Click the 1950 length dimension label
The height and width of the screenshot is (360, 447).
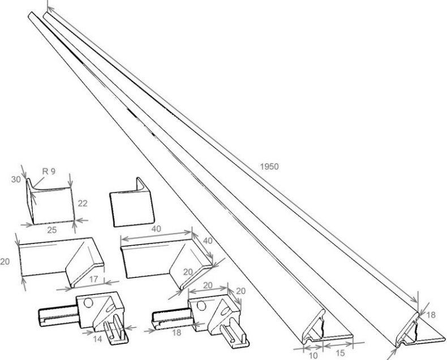pyautogui.click(x=269, y=166)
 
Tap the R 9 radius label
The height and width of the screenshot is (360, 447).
pyautogui.click(x=49, y=171)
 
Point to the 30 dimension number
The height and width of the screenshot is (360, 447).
pyautogui.click(x=16, y=179)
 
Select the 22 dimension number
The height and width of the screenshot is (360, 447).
pyautogui.click(x=83, y=203)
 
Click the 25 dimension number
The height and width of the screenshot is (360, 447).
pyautogui.click(x=52, y=230)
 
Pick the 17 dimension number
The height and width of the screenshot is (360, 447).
pyautogui.click(x=93, y=279)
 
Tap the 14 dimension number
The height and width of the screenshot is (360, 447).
pyautogui.click(x=97, y=339)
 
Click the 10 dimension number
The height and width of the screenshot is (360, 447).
pyautogui.click(x=313, y=355)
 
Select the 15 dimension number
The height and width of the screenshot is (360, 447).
pyautogui.click(x=340, y=353)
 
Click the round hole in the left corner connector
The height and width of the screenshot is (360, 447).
pyautogui.click(x=89, y=303)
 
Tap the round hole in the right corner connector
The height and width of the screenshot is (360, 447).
pyautogui.click(x=201, y=306)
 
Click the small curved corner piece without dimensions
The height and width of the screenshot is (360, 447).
pyautogui.click(x=132, y=203)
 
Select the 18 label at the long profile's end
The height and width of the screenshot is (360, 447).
pyautogui.click(x=431, y=315)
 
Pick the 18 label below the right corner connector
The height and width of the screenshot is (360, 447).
pyautogui.click(x=177, y=333)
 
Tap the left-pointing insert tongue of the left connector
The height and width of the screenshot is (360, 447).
pyautogui.click(x=58, y=316)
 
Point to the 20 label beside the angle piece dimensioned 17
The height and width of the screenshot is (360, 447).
pyautogui.click(x=5, y=262)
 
